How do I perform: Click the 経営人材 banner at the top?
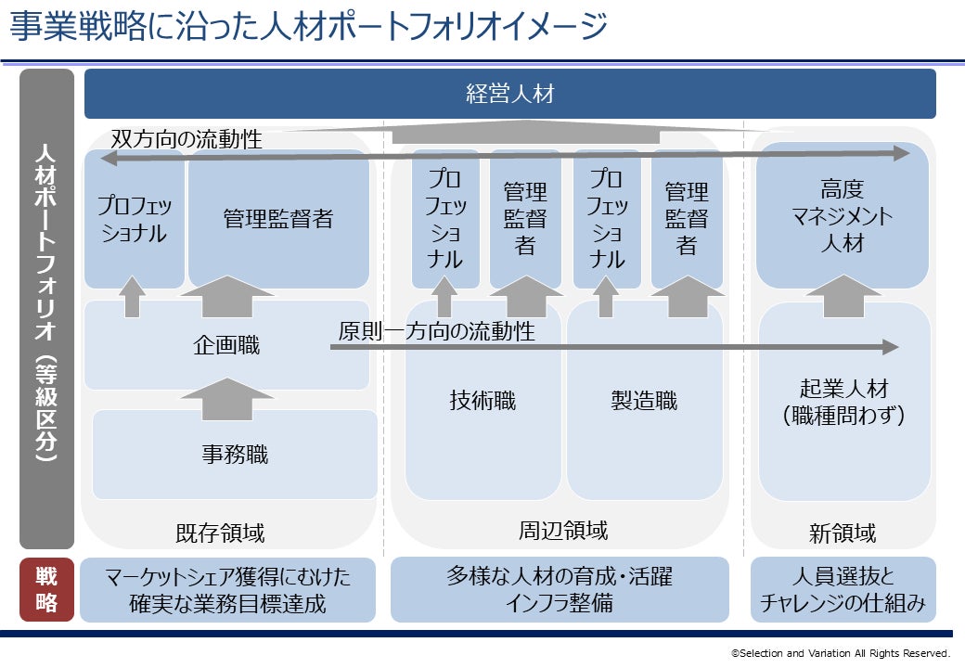509,94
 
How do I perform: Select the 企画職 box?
226,346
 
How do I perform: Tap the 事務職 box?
235,455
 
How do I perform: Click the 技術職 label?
482,401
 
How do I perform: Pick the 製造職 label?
644,401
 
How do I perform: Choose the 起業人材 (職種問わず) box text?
843,402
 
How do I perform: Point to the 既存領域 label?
220,533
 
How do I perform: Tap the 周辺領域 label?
563,531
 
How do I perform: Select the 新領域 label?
843,533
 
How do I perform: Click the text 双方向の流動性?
187,139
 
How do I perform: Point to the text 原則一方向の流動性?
436,331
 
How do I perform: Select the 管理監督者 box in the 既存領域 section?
277,219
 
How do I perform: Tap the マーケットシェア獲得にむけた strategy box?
227,590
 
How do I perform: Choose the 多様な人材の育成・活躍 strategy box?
560,590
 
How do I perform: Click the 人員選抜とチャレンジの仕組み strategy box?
843,590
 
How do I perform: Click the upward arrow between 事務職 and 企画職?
227,395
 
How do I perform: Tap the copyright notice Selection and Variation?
841,653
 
